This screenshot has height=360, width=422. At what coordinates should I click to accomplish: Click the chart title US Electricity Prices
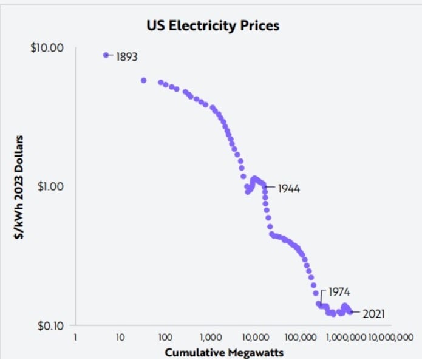pos(213,26)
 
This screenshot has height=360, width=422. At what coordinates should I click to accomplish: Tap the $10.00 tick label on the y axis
pos(47,48)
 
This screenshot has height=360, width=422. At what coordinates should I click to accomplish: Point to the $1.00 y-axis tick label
pos(50,186)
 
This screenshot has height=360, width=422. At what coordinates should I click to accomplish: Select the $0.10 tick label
pos(49,325)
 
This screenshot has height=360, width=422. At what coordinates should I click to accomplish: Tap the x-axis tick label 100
pos(165,336)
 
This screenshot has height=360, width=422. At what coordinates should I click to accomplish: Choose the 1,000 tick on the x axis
pos(209,336)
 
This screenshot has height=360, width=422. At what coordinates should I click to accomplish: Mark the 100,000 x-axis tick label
pos(299,336)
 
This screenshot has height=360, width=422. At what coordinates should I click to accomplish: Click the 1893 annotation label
pos(127,57)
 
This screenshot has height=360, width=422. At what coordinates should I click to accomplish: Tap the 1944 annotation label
pos(289,188)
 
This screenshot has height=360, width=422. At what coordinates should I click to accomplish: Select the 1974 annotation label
pos(339,292)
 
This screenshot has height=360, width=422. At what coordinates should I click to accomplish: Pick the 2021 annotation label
pos(373,314)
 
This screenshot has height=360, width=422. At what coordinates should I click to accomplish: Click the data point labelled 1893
pos(106,55)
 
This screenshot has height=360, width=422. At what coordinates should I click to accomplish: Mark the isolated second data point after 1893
pos(144,80)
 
